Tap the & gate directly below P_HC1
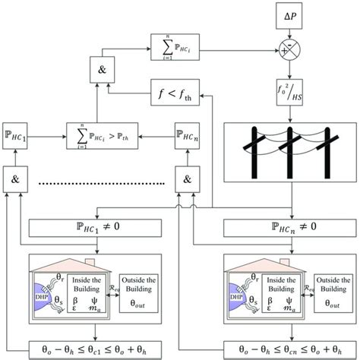pos(15,179)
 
